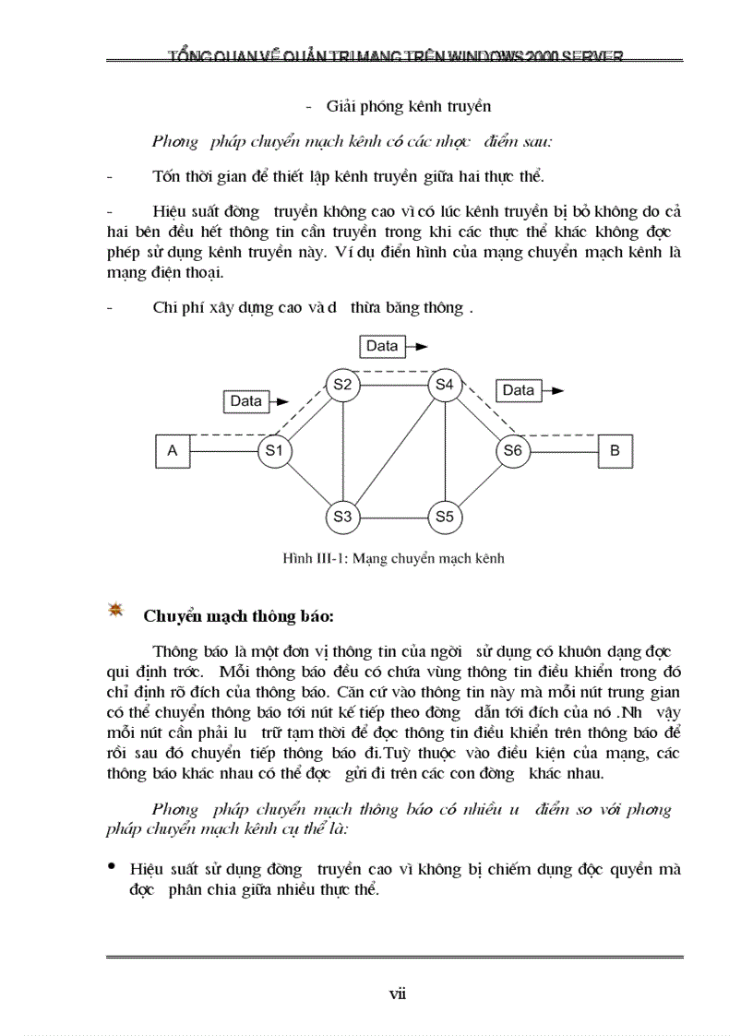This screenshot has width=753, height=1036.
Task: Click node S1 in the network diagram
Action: click(273, 451)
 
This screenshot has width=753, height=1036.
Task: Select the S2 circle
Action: click(342, 385)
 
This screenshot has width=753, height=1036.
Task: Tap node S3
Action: click(342, 517)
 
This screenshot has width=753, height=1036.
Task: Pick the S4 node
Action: click(446, 384)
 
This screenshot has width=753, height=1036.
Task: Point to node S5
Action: click(446, 517)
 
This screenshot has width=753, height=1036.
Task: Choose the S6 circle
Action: click(512, 451)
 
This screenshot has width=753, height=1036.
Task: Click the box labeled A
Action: click(172, 451)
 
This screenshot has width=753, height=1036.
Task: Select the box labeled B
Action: click(615, 451)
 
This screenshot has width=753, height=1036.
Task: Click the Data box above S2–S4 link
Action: click(382, 346)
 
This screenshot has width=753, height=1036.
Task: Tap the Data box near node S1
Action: click(245, 401)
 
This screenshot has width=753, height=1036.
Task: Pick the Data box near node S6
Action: click(519, 390)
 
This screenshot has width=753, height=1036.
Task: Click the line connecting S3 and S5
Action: click(394, 517)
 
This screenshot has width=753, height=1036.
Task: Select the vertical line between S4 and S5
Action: click(446, 450)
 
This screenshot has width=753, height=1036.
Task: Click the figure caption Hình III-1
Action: click(393, 558)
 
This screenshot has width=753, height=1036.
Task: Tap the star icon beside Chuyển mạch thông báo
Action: click(117, 610)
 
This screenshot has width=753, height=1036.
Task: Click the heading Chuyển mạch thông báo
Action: click(239, 615)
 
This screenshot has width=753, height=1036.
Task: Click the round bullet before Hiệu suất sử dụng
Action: click(112, 866)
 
